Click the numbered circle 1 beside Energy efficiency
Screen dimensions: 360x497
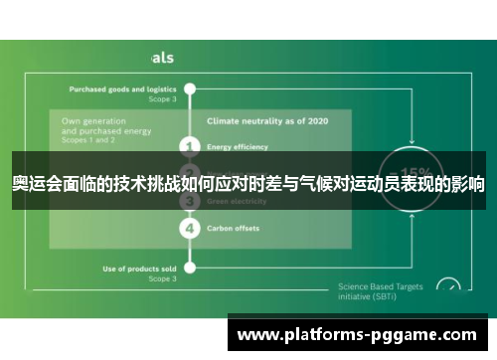point(190,146)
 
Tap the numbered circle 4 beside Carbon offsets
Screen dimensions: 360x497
point(190,228)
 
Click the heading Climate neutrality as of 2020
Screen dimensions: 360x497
point(253,120)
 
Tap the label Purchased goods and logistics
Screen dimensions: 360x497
point(122,89)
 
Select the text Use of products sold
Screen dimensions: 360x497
point(140,269)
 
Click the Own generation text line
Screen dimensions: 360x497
point(94,120)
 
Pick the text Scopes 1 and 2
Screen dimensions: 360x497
point(88,138)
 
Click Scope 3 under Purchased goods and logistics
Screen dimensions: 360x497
point(162,98)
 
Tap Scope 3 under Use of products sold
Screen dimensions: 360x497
point(162,278)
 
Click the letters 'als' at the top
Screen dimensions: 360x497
point(162,58)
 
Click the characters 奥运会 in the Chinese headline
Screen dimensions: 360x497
point(35,184)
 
